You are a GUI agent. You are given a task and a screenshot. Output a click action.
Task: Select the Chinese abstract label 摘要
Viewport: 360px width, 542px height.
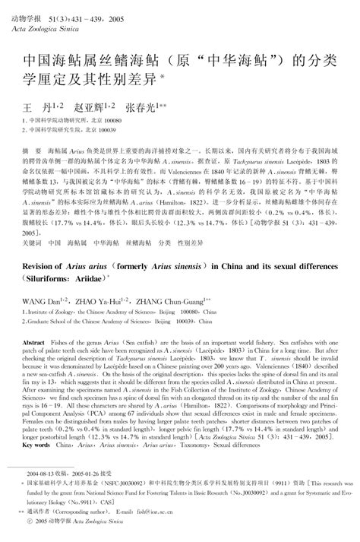33,142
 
